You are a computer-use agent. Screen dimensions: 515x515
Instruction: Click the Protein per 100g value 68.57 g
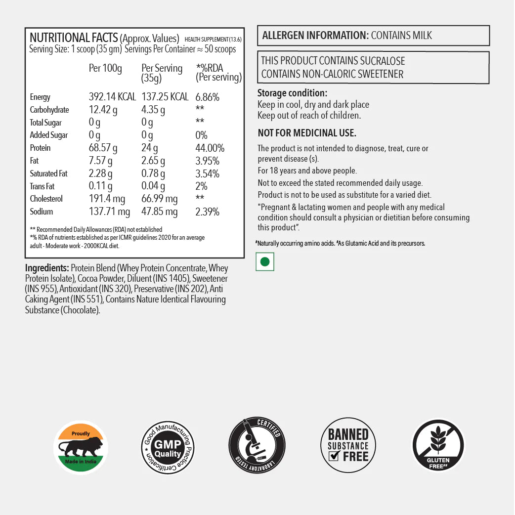pos(103,148)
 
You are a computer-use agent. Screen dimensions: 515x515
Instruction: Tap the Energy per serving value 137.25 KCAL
pos(165,97)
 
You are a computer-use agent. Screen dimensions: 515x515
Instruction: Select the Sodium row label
pos(41,212)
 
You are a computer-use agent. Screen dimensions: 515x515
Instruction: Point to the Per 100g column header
pos(105,68)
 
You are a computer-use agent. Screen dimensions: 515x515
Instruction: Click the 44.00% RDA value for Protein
pos(210,148)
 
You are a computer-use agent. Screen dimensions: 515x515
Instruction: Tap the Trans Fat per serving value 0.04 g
pos(153,186)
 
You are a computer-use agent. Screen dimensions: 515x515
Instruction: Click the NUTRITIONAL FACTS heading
pos(74,38)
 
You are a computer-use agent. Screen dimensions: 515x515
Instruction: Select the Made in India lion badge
pos(81,447)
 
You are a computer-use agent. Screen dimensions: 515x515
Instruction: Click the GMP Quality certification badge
pos(168,447)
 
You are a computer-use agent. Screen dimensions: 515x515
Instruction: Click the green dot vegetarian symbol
pos(265,262)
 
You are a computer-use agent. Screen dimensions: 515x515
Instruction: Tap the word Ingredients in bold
pos(47,268)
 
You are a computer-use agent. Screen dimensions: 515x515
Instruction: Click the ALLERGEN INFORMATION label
pos(315,36)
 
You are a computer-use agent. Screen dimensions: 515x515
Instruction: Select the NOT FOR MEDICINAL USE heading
pos(307,133)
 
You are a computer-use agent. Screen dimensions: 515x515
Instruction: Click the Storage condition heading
pos(292,93)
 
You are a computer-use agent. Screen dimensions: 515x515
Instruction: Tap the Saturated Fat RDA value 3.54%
pos(208,174)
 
